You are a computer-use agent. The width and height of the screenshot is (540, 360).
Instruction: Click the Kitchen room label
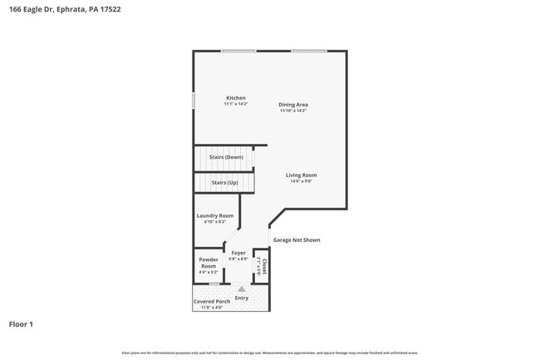point(236,98)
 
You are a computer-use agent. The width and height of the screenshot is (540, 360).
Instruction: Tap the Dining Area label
point(293,105)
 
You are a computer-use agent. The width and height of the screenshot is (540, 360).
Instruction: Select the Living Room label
point(302,175)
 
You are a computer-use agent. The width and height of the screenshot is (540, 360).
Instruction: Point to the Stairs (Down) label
point(226,157)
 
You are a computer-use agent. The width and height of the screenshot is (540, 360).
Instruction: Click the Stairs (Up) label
point(224,182)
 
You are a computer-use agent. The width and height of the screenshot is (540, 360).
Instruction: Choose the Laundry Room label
point(215,215)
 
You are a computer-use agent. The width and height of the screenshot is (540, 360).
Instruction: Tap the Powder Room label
point(209,264)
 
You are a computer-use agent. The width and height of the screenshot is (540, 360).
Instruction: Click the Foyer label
point(238,253)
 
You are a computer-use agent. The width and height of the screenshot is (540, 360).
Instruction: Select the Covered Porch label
point(212,301)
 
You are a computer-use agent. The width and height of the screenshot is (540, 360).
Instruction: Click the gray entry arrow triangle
point(242,289)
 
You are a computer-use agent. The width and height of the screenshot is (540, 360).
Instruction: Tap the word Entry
point(242,298)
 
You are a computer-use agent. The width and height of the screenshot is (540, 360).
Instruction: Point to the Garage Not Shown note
point(297,240)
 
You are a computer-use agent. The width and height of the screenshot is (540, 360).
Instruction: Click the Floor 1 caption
point(21,324)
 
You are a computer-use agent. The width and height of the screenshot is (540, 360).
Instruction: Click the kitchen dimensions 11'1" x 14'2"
point(236,104)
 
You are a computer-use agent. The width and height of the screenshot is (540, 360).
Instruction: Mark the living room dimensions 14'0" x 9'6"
point(302,181)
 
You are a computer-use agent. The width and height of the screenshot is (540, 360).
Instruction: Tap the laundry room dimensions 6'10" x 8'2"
point(215,222)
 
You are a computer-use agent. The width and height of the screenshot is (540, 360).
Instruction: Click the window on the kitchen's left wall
point(194,101)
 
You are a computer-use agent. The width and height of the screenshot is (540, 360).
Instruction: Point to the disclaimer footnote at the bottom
point(269,353)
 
